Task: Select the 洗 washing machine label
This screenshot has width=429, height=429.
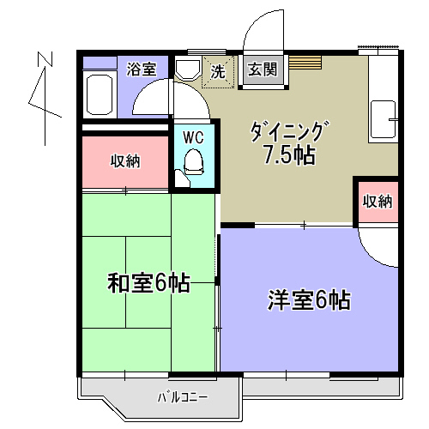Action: tap(218, 73)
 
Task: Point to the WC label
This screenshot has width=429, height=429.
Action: tap(193, 137)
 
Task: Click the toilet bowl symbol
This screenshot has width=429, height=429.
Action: tap(194, 162)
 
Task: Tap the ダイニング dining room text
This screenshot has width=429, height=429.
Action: tap(290, 131)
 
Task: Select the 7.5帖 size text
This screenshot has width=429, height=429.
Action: tap(289, 155)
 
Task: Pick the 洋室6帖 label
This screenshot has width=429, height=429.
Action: tap(308, 300)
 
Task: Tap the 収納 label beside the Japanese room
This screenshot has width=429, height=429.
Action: tap(125, 160)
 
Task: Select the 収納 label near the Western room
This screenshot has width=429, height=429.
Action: tap(377, 202)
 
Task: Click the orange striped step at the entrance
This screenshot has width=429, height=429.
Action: tap(305, 62)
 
